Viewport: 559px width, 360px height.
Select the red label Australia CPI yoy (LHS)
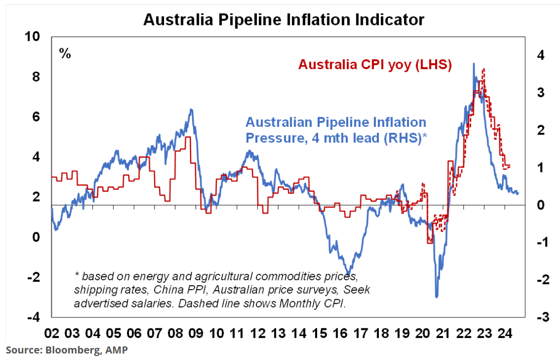375,65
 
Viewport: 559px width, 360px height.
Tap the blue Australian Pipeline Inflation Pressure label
336,130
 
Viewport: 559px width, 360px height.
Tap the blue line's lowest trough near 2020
437,297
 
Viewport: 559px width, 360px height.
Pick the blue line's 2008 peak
191,109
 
